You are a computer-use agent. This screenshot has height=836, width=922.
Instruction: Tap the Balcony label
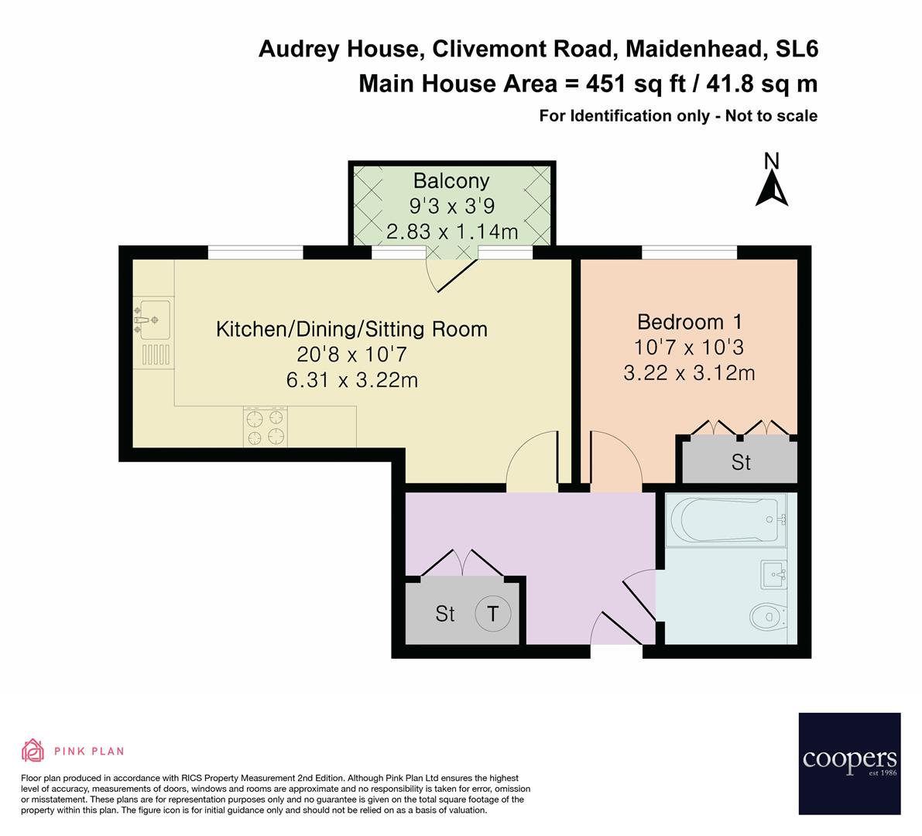pos(451,181)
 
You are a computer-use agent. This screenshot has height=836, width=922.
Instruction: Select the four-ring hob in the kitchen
pos(266,427)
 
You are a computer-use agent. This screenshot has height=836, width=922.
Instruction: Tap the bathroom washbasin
pos(773,574)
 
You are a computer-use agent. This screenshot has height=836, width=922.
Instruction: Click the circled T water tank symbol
pos(493,614)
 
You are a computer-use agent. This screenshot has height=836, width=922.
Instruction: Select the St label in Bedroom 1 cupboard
pos(741,462)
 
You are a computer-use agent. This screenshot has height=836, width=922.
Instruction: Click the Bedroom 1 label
pos(689,321)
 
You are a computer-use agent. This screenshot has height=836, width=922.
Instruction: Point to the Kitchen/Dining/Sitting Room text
pos(351,329)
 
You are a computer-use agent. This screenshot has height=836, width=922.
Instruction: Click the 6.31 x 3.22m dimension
pos(351,380)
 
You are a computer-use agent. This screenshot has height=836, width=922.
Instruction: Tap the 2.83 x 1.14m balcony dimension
pos(451,230)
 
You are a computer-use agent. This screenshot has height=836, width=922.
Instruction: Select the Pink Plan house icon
pos(33,750)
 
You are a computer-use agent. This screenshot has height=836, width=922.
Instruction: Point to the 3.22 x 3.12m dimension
pos(689,373)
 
